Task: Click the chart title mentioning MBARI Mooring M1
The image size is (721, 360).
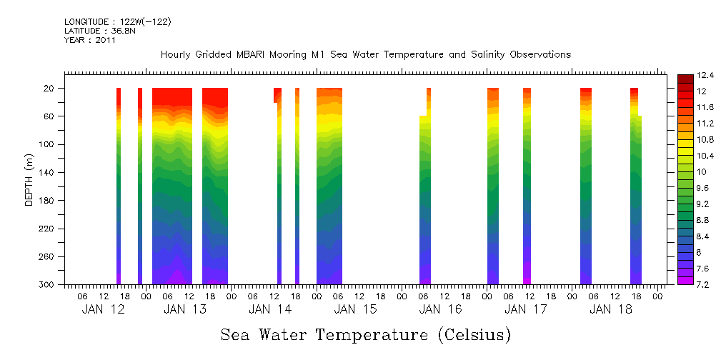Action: [365, 55]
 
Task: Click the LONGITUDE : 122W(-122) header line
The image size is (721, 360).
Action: [118, 22]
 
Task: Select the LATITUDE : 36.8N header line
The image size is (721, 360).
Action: [99, 31]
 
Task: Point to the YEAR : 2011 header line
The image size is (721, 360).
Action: [90, 40]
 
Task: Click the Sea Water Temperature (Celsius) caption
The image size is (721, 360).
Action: [365, 334]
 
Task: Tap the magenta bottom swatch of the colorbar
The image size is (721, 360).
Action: [684, 280]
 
